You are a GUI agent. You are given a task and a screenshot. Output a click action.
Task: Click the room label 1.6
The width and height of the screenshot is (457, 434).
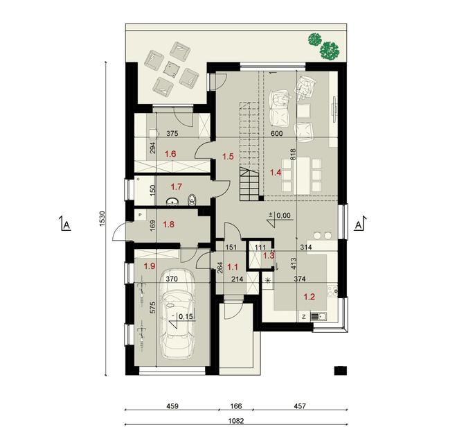tap(170, 153)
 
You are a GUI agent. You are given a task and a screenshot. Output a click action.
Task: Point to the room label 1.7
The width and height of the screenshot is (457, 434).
tap(175, 186)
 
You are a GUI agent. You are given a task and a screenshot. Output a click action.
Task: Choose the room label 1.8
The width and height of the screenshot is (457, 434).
tap(168, 224)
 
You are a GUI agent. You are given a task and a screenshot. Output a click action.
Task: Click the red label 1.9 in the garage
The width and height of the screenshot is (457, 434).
tap(149, 266)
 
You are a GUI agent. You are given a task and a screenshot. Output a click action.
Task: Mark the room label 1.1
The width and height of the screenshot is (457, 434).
tap(233, 266)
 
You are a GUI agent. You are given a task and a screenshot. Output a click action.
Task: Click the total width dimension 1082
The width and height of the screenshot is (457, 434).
tap(238, 419)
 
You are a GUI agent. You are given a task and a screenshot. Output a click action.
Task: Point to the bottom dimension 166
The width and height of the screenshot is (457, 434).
tap(238, 406)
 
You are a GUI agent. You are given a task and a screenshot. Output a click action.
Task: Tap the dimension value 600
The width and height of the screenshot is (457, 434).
tap(277, 134)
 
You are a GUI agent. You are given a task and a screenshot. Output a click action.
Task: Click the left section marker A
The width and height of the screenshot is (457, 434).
tap(66, 225)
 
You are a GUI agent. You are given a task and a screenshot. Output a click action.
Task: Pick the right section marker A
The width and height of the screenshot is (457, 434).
tap(359, 225)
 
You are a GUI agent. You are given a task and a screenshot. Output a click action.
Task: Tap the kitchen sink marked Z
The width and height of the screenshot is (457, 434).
tap(320, 318)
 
